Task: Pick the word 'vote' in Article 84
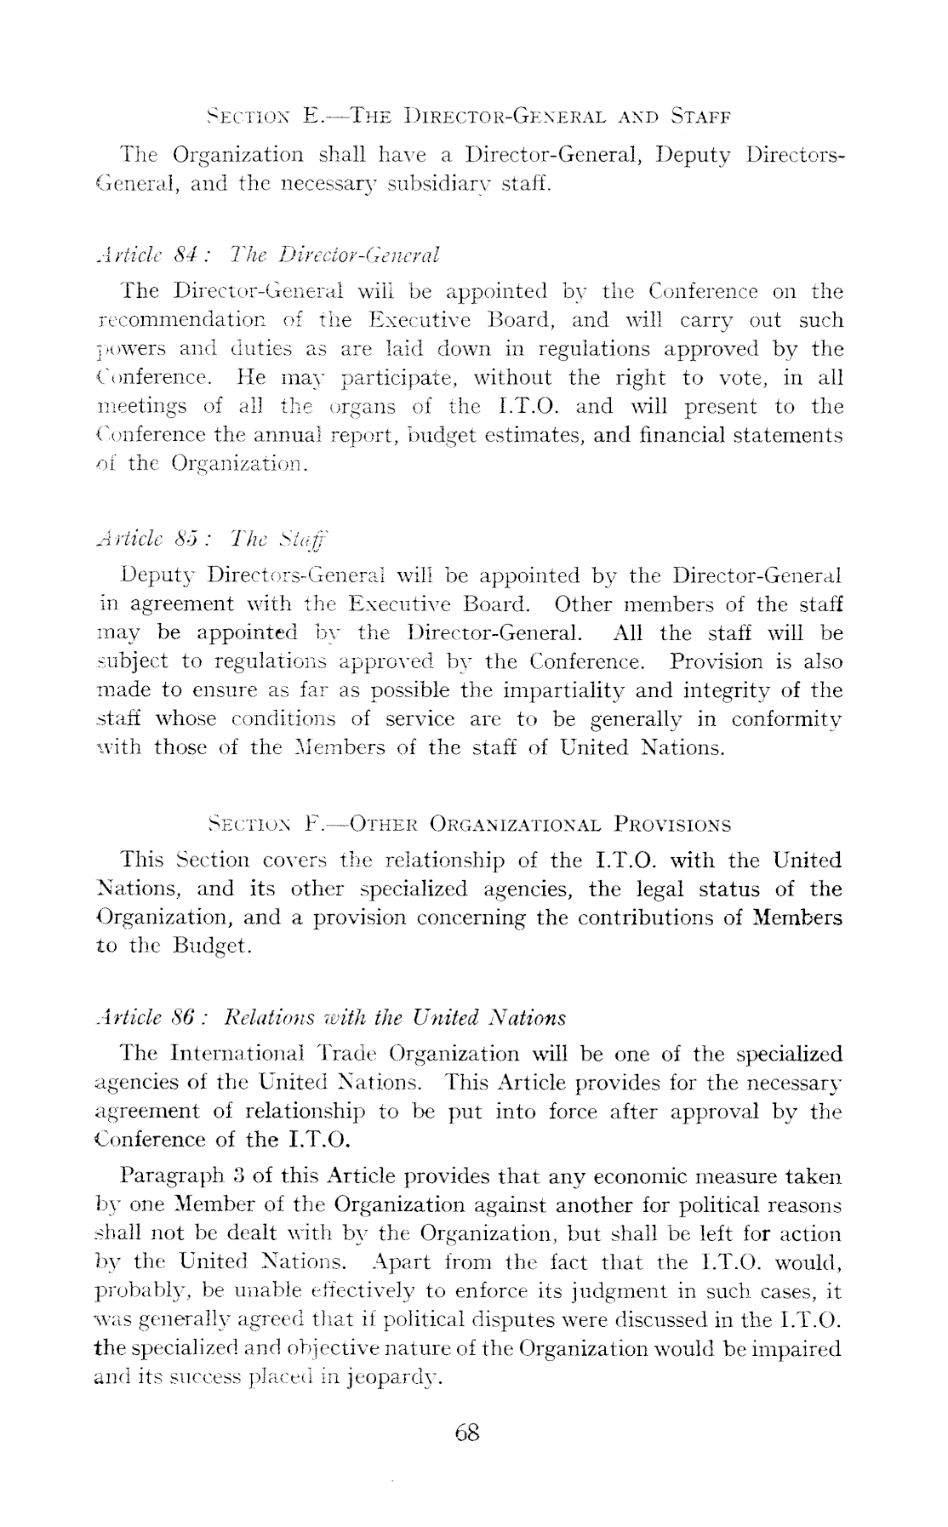700,378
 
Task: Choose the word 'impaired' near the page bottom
803,1348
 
